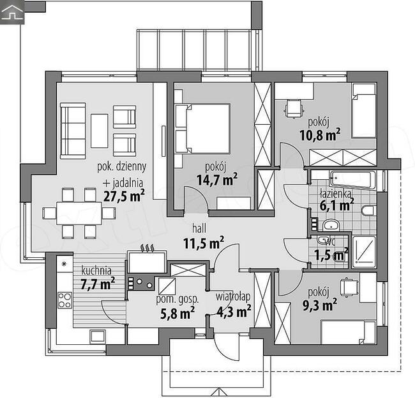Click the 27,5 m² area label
pos(124,196)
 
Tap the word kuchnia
pos(96,271)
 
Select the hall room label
pos(199,228)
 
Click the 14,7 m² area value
pos(217,180)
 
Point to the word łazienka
pos(336,194)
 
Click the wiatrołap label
pos(233,296)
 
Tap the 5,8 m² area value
pos(177,313)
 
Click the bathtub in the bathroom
pos(352,180)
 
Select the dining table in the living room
pos(79,213)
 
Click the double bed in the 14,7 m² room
pos(202,129)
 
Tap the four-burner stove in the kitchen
pos(65,300)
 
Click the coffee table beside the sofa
pos(99,131)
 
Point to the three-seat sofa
pos(73,131)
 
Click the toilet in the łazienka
pos(368,211)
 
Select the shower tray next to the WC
pos(364,251)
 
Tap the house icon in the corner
pos(12,12)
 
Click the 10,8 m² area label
pos(320,135)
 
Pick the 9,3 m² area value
pos(320,305)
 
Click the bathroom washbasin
pos(331,225)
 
